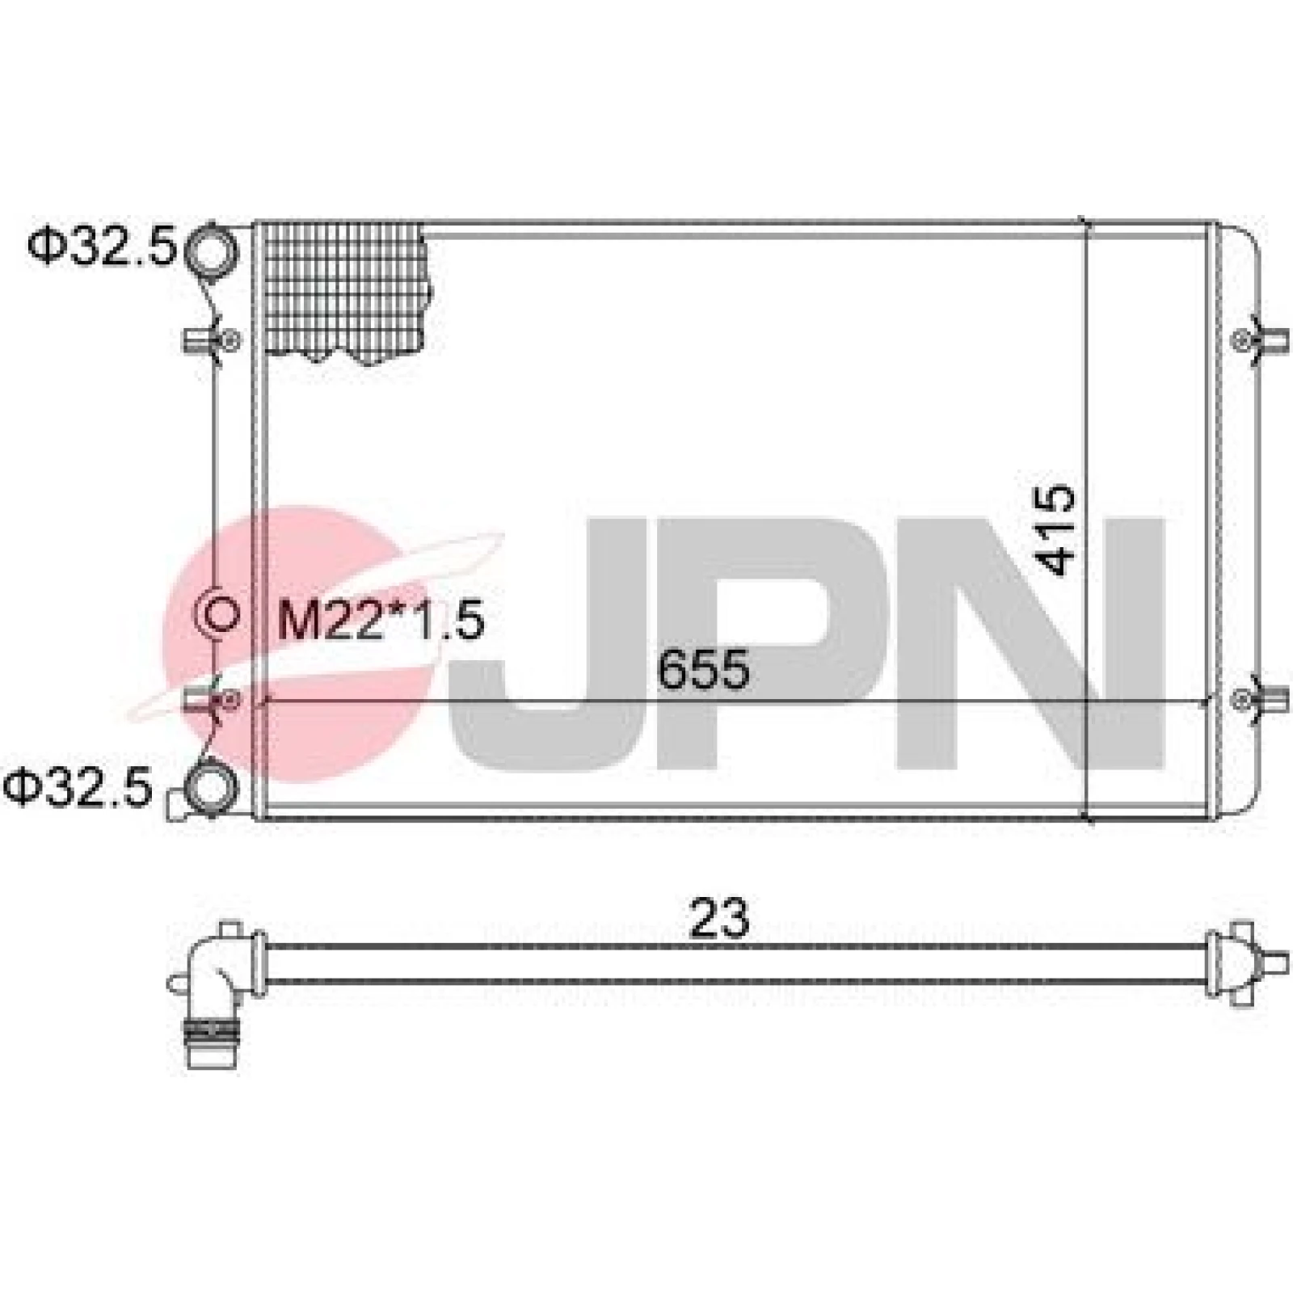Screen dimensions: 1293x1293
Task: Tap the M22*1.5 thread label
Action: (381, 621)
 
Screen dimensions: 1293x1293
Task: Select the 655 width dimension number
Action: (703, 671)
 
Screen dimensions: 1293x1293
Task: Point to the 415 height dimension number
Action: (1055, 529)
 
